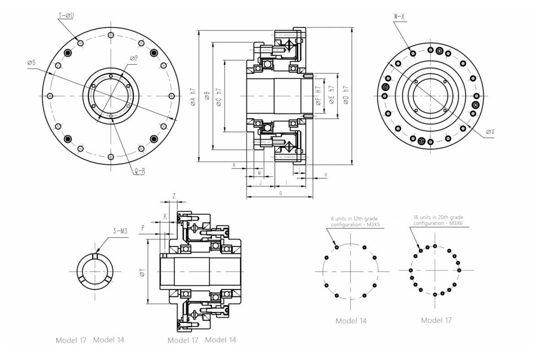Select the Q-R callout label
tap(140, 171)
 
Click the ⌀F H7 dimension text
tap(318, 96)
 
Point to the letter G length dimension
tap(280, 194)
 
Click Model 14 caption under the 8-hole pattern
tap(351, 321)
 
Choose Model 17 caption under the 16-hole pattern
tap(436, 320)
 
